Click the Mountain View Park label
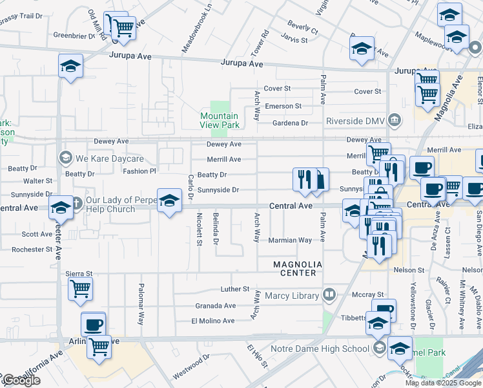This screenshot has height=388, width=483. tap(220, 120)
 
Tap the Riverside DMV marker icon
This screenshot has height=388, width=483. tap(393, 120)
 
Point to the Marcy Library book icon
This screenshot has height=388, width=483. tap(329, 296)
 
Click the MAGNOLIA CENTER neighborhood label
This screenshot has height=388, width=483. tap(295, 268)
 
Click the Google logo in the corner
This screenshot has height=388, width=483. tap(21, 380)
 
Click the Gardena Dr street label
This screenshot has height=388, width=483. tap(287, 123)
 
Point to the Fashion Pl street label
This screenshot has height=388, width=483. tap(139, 171)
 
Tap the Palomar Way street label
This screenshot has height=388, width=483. tap(140, 303)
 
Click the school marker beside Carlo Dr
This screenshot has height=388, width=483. tap(169, 201)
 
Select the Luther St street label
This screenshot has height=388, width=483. tap(234, 288)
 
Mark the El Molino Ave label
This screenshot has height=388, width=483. tap(213, 321)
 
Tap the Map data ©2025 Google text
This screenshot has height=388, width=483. tap(443, 383)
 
